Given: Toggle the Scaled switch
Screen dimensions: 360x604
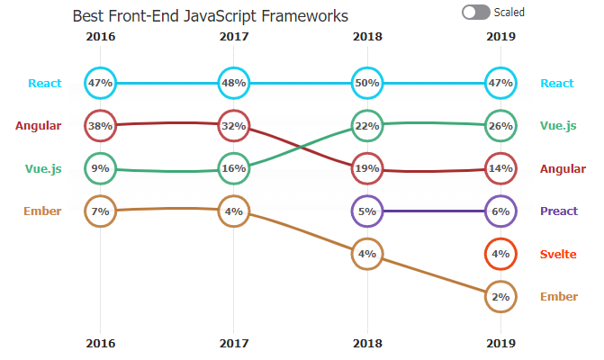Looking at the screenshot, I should coord(476,12).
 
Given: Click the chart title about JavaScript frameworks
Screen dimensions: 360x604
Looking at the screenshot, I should coord(210,16).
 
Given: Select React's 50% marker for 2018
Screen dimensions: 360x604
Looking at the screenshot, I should coord(367,83).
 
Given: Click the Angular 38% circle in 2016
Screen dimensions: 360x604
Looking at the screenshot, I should coord(100,126).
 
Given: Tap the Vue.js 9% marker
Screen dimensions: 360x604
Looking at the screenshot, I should coord(100,167).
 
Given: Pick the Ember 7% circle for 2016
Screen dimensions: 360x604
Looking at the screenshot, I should coord(100,211).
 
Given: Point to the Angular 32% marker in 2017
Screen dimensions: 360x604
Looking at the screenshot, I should coord(233,126).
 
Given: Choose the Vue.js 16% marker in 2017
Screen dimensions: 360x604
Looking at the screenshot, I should coord(233,167).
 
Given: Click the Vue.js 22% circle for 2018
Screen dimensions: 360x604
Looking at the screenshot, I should coord(367,126).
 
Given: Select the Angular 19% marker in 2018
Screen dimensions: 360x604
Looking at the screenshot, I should coord(367,167).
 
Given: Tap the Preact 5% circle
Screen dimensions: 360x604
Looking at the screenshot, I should coord(367,211).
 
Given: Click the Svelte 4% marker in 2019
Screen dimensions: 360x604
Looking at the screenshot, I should coord(500,254).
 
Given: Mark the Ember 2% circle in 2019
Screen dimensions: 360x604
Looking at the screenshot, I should coord(500,296).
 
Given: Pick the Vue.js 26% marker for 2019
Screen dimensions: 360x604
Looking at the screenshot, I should coord(500,126).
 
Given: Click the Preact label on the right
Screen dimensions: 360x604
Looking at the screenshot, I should coord(558,211).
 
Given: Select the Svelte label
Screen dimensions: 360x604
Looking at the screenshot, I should coord(558,254).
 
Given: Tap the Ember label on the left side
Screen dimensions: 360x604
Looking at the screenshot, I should coord(42,211).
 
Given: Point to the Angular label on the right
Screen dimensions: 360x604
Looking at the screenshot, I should coord(563,168).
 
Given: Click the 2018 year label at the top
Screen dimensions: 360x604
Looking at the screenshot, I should coord(367,37).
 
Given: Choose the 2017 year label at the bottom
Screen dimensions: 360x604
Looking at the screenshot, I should coord(233,343).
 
